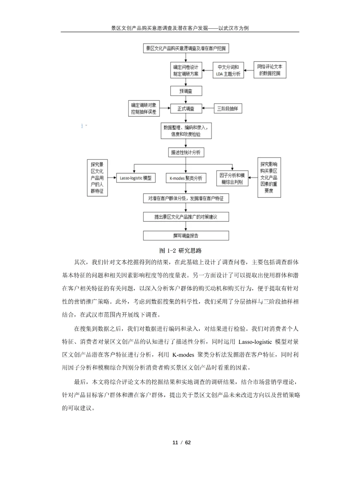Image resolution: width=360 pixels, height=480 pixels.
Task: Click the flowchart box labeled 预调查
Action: pyautogui.click(x=186, y=91)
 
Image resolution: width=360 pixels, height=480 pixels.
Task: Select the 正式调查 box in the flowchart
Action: pyautogui.click(x=186, y=109)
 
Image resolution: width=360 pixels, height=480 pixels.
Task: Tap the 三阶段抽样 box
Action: pyautogui.click(x=228, y=109)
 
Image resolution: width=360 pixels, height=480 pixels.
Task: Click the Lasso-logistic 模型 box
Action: pyautogui.click(x=136, y=178)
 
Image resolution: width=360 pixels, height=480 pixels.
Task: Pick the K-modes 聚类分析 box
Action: pyautogui.click(x=186, y=178)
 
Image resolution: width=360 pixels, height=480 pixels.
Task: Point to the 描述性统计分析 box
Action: pyautogui.click(x=186, y=152)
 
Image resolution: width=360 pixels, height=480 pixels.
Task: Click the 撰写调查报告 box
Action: pyautogui.click(x=186, y=235)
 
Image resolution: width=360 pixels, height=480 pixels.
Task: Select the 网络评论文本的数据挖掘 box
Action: pyautogui.click(x=270, y=70)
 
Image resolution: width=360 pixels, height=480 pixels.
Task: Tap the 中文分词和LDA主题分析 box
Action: pyautogui.click(x=228, y=70)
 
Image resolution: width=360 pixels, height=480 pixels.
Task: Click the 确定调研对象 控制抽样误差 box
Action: pyautogui.click(x=144, y=109)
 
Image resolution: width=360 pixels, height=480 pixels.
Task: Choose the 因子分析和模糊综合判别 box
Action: pyautogui.click(x=232, y=179)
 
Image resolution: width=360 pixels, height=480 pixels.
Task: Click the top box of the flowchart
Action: pyautogui.click(x=186, y=48)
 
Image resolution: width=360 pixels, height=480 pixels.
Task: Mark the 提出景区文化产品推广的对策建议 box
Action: pyautogui.click(x=186, y=217)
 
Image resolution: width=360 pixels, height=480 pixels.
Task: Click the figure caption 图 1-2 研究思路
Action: pyautogui.click(x=180, y=251)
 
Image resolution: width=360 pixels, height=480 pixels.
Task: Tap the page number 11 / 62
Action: pyautogui.click(x=181, y=442)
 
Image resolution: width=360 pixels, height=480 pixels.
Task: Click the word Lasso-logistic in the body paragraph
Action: pyautogui.click(x=255, y=342)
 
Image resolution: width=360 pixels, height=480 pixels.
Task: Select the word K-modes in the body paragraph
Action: pyautogui.click(x=183, y=355)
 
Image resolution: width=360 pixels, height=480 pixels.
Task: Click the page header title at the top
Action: pyautogui.click(x=180, y=28)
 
